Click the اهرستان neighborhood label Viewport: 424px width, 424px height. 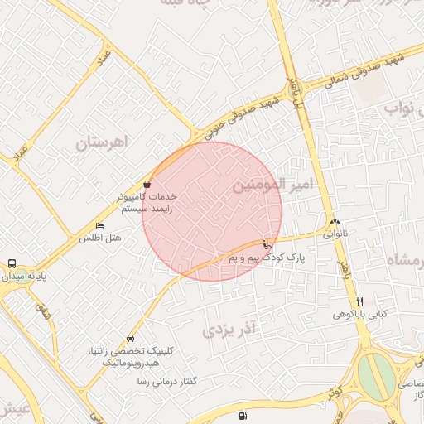104,142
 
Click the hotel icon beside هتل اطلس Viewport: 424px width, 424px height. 100,225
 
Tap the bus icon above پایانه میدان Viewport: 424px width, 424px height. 12,263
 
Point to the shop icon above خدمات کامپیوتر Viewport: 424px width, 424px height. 147,184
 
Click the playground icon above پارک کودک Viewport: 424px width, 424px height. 265,245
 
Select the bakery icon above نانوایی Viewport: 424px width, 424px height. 335,221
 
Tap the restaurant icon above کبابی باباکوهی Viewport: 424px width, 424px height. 359,301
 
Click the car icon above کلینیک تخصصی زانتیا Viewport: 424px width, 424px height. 131,339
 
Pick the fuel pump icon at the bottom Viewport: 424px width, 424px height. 241,416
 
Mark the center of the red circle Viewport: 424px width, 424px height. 212,211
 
